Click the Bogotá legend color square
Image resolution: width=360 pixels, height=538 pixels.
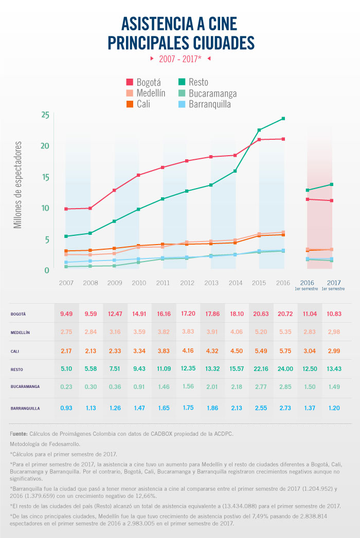130,82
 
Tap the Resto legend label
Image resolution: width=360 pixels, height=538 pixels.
199,82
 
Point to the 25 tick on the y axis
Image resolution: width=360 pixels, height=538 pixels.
45,115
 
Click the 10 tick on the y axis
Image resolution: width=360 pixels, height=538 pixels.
45,208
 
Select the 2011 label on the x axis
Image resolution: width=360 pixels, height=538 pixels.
163,283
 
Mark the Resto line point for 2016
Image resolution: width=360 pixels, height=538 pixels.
283,119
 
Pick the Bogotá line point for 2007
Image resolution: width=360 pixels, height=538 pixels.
66,209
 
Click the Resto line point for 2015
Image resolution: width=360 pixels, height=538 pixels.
259,130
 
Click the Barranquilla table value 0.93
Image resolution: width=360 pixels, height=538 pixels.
65,408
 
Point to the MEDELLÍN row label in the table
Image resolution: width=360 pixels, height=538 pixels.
20,332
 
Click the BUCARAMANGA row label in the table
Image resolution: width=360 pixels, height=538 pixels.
24,389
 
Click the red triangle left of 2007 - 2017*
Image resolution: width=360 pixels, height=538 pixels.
152,59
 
